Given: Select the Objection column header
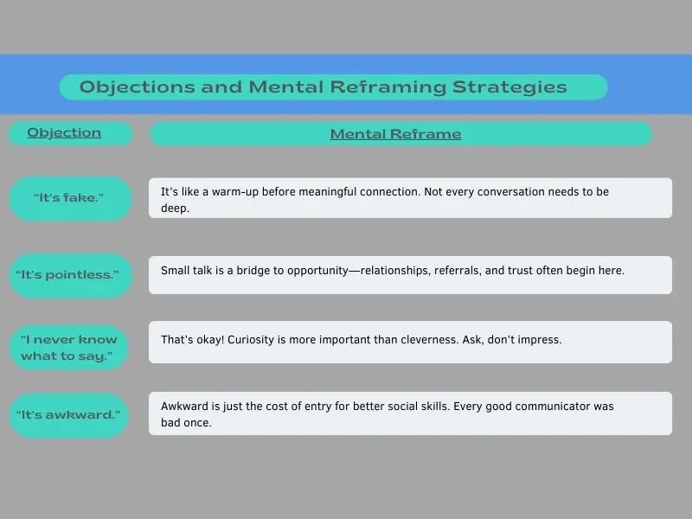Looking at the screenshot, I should (64, 132).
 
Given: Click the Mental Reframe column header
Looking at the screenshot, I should (395, 134).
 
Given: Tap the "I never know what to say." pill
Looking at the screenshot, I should (69, 348).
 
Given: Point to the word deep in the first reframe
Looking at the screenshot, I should (174, 208).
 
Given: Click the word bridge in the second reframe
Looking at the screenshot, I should (269, 271).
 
